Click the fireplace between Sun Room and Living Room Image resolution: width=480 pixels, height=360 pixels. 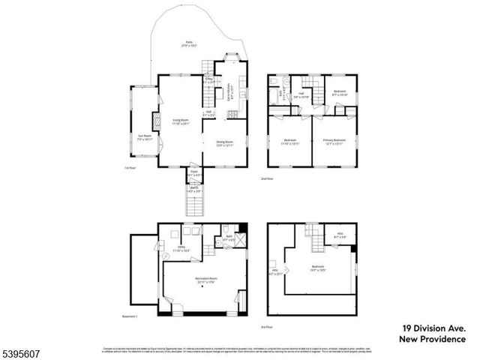tap(156, 122)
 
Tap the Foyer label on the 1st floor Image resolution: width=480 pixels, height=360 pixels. tap(193, 173)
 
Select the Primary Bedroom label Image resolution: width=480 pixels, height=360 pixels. tap(334, 142)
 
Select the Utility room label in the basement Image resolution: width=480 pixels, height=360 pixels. tap(181, 248)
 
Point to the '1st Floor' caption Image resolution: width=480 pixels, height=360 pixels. tap(130, 169)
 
